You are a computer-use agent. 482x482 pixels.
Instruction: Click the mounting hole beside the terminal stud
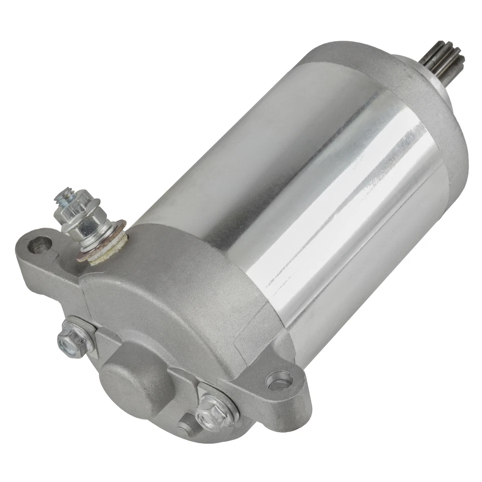click(x=40, y=245)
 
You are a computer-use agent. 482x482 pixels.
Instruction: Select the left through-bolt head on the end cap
click(x=69, y=341)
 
